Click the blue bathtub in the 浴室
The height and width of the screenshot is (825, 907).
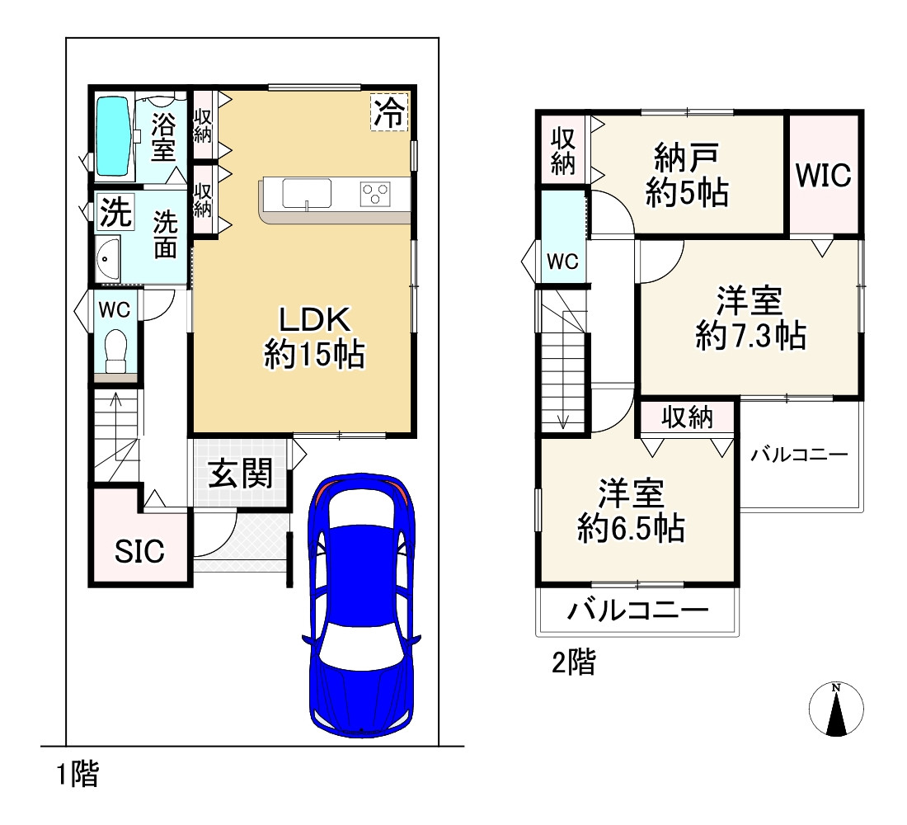(x=114, y=136)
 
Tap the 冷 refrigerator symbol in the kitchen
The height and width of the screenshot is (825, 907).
(x=389, y=113)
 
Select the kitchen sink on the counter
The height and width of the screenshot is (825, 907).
(x=307, y=194)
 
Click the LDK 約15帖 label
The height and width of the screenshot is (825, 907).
(x=314, y=337)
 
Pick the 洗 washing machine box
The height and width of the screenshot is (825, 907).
(x=115, y=214)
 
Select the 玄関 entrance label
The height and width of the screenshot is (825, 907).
(x=240, y=474)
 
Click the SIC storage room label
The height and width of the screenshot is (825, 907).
(x=139, y=551)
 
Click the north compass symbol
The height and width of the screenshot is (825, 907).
(x=836, y=709)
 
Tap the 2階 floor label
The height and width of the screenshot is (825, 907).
(x=573, y=662)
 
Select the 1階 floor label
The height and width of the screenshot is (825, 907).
(x=78, y=775)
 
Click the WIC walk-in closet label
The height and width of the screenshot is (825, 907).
(x=824, y=175)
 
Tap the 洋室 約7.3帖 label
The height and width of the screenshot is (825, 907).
(x=749, y=319)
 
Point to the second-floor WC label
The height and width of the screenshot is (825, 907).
(x=562, y=262)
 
